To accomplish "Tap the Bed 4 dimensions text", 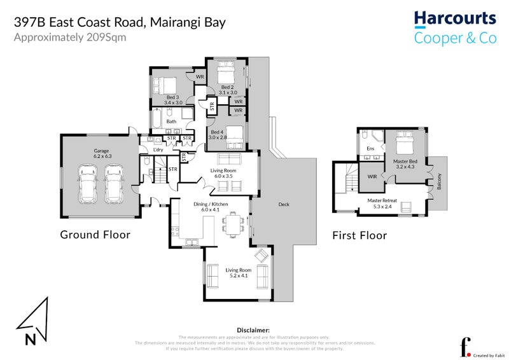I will [x=218, y=137].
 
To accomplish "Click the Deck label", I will [x=284, y=204].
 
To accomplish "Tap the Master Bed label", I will [x=405, y=162].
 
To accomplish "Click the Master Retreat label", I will [x=382, y=200].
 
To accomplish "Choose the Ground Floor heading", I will [x=95, y=235].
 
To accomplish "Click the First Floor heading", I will [x=359, y=235].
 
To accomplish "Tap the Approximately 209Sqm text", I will [x=70, y=37].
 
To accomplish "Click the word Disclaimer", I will [x=253, y=331].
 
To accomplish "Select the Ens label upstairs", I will [x=370, y=149].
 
